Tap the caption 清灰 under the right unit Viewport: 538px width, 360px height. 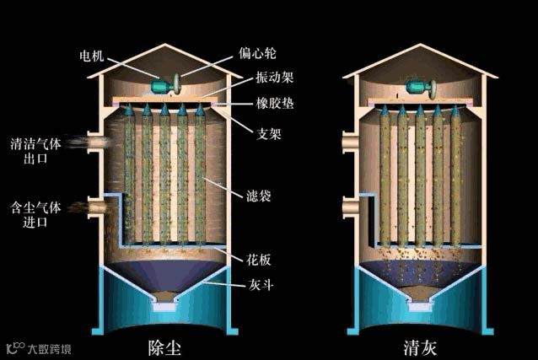click(x=419, y=347)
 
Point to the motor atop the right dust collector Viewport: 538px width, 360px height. click(x=418, y=86)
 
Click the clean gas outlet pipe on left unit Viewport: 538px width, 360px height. click(x=95, y=142)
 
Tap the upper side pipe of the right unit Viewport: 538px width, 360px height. click(x=349, y=142)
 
